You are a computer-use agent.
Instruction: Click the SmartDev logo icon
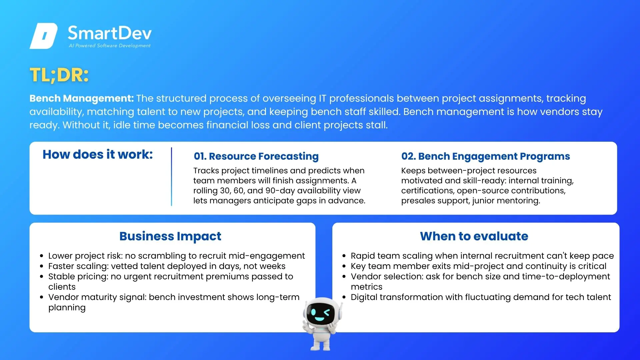pos(44,36)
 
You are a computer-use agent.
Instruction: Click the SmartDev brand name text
pos(110,33)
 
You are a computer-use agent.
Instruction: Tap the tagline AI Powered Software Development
pos(110,46)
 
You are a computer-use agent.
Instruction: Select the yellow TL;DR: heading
pos(59,75)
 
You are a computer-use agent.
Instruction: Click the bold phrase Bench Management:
pos(82,98)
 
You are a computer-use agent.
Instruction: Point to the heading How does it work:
pos(98,154)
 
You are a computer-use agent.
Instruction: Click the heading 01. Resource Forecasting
pos(256,156)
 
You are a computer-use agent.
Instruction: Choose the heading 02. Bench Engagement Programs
pos(486,156)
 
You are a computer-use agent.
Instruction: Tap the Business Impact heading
pos(170,236)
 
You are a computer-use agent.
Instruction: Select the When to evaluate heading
pos(474,236)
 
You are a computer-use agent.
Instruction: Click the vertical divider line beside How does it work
pos(171,177)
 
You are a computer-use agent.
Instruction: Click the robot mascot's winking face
pos(320,313)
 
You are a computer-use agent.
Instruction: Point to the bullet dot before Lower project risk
pos(42,256)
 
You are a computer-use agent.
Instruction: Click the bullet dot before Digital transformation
pos(344,297)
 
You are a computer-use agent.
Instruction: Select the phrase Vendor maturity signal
pos(97,297)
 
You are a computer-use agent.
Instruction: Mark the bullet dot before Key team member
pos(344,266)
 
